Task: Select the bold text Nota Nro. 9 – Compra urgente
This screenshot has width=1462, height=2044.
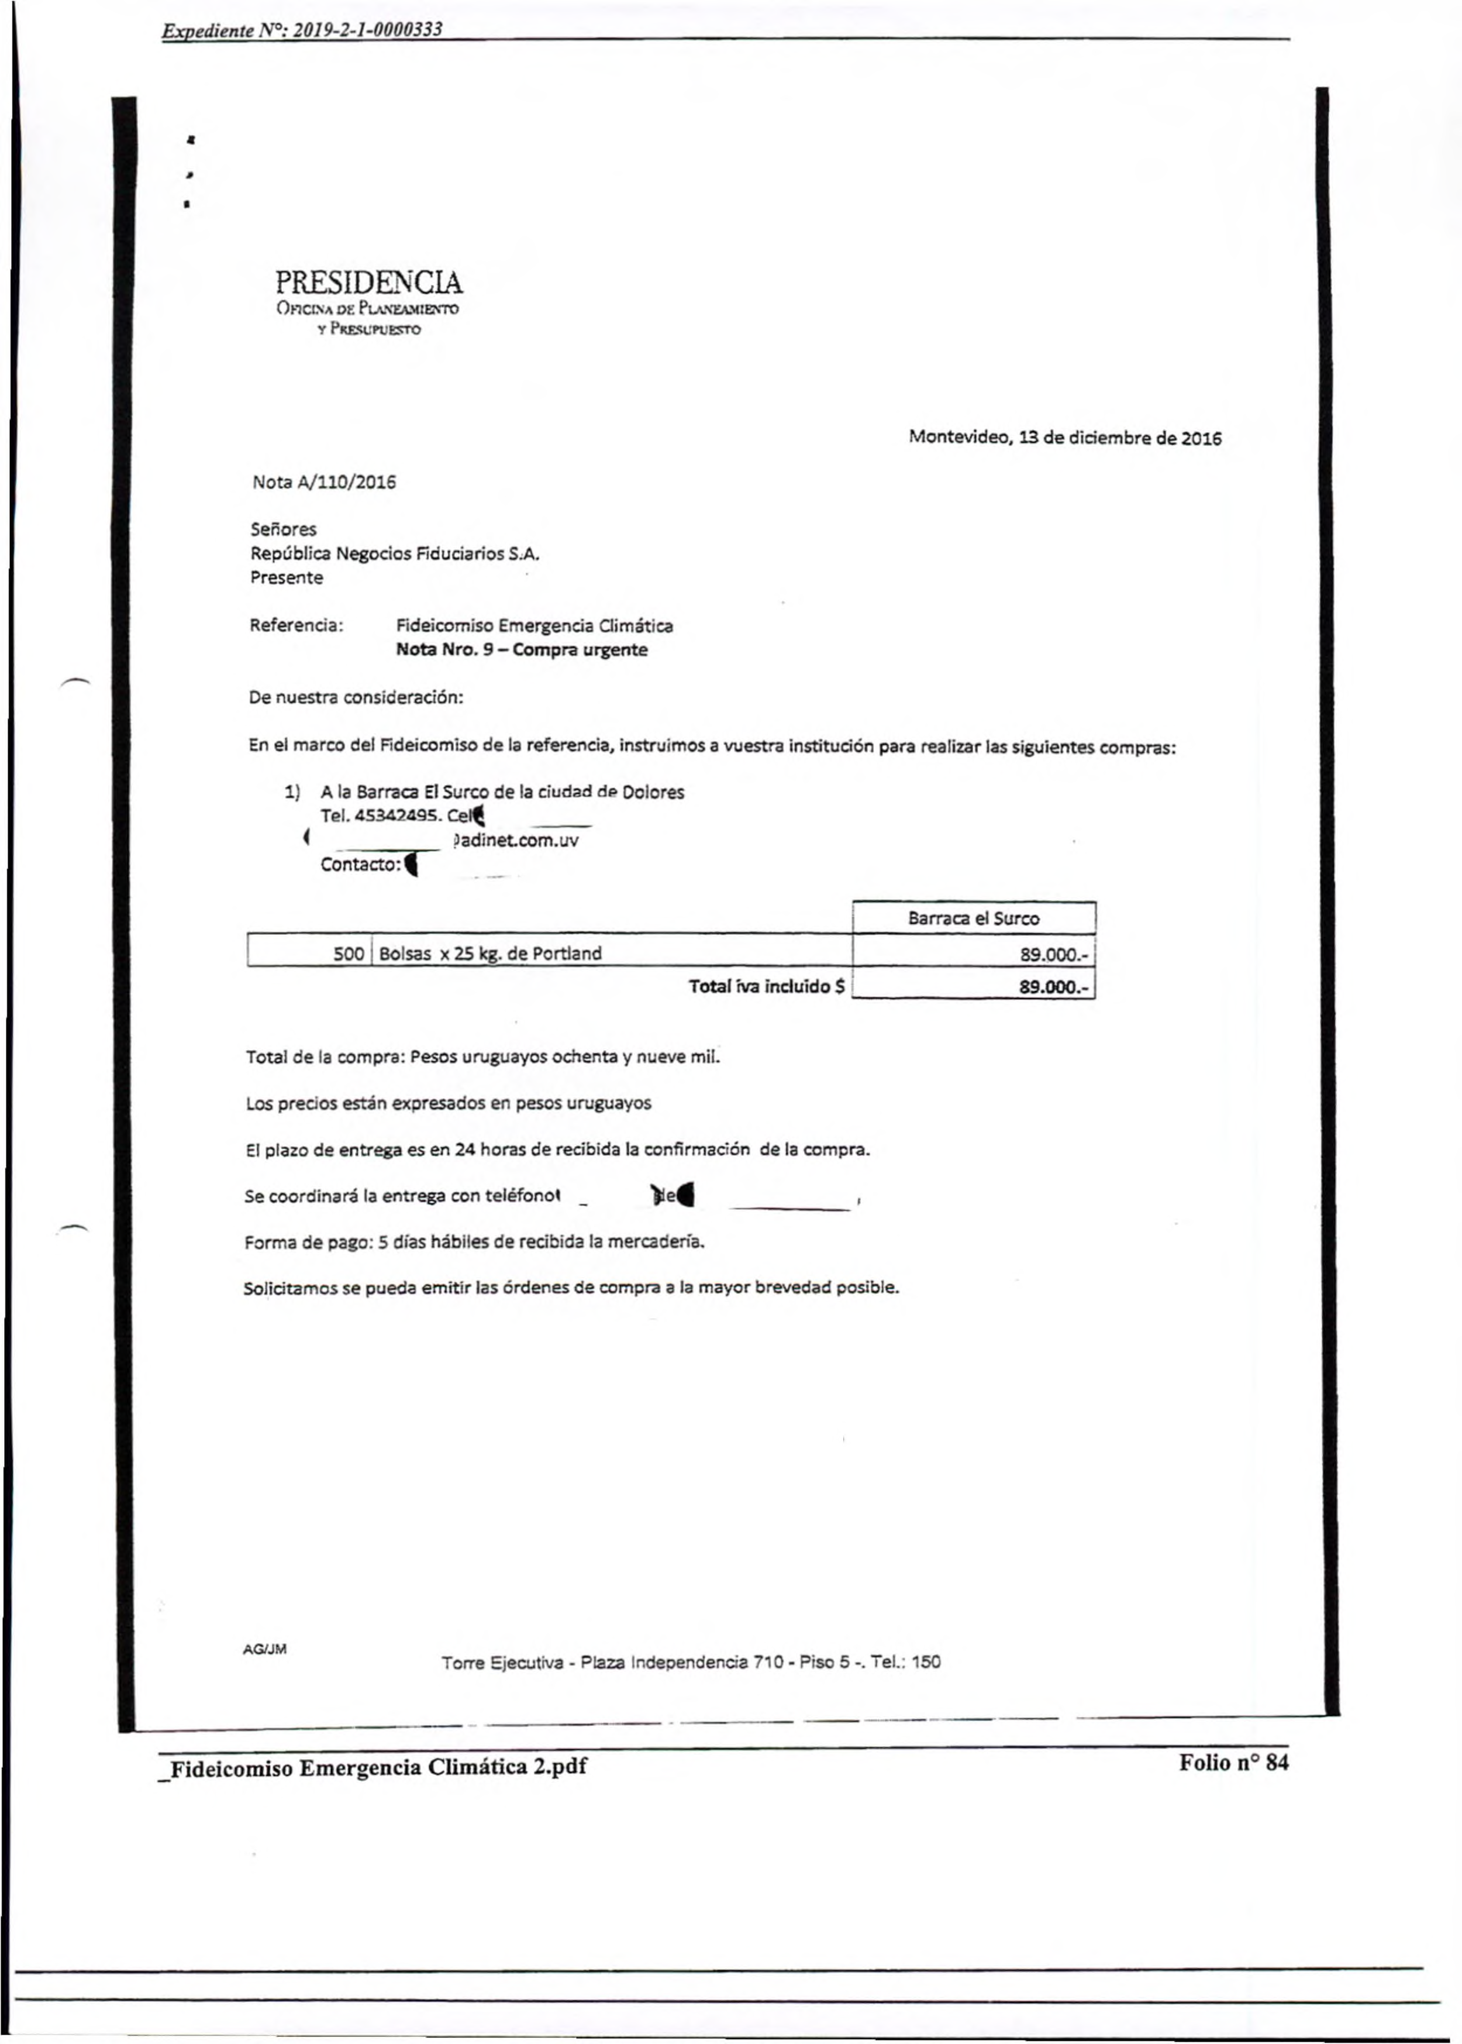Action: pos(521,649)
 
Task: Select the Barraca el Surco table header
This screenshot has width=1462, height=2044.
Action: pos(973,918)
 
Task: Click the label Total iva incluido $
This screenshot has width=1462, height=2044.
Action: pos(766,986)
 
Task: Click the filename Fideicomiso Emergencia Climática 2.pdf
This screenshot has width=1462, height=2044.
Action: pos(378,1767)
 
